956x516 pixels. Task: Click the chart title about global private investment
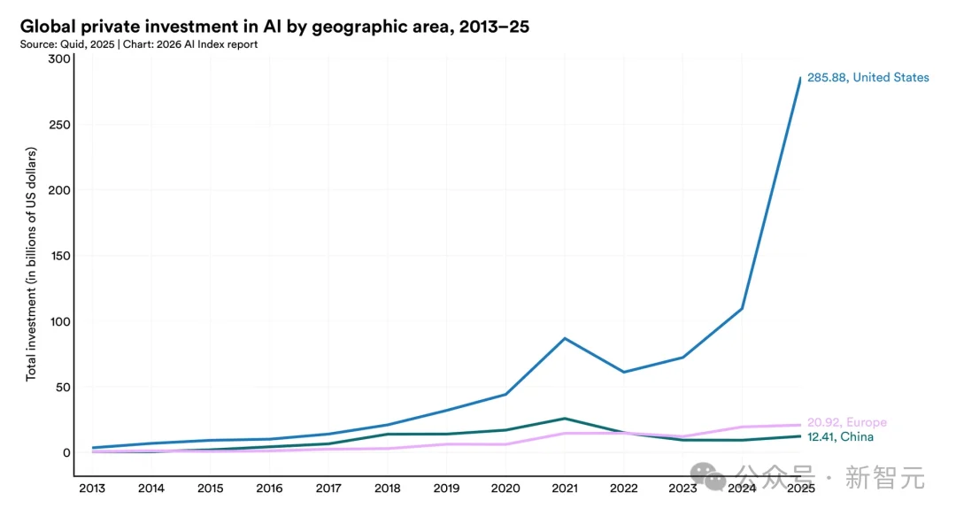274,27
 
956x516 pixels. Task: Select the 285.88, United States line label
867,78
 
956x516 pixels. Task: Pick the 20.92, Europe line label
846,423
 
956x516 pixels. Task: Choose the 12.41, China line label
840,437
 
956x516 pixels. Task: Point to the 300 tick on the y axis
59,59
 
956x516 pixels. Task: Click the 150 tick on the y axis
59,256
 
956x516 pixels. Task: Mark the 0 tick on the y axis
65,453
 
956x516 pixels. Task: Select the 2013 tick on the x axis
91,489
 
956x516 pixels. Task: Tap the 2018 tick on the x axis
387,489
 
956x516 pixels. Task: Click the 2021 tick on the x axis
564,489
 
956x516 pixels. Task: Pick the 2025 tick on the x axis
800,489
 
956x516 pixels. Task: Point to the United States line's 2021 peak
564,338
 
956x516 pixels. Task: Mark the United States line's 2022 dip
623,372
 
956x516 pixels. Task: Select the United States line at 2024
742,308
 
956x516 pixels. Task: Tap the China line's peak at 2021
564,419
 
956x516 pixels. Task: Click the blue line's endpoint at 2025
800,78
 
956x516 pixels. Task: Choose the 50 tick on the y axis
62,388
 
